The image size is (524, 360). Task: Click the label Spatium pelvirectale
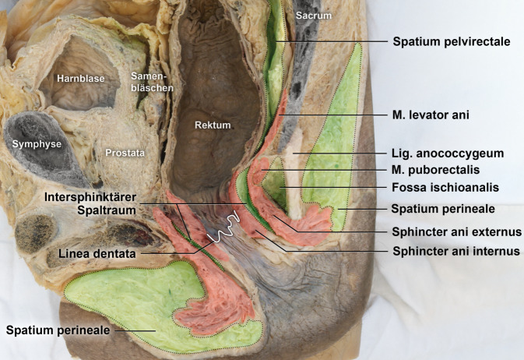click(x=452, y=42)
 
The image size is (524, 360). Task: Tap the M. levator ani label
click(x=431, y=115)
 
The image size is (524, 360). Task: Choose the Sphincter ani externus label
click(x=456, y=232)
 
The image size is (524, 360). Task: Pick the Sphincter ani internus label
click(x=455, y=251)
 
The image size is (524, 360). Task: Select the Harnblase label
click(x=79, y=78)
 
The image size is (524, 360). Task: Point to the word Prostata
click(x=125, y=154)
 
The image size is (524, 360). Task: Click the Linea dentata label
click(x=96, y=252)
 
